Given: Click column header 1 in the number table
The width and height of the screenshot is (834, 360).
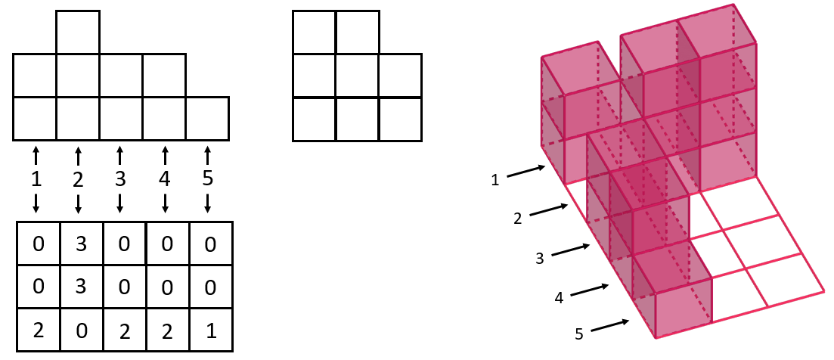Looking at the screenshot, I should click(x=36, y=179).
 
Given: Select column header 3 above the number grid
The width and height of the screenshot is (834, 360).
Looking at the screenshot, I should click(x=120, y=179).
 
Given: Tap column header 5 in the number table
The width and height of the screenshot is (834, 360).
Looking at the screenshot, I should click(x=208, y=179).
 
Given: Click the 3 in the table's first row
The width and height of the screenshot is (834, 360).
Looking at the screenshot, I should click(x=79, y=244).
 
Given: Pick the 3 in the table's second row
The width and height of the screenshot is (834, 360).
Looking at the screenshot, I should click(x=79, y=288).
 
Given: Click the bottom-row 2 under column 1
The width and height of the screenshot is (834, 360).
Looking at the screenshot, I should click(x=36, y=331).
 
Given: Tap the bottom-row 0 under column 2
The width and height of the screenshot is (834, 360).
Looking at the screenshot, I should click(x=79, y=331).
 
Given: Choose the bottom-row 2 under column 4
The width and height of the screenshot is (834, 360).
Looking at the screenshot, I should click(x=166, y=331).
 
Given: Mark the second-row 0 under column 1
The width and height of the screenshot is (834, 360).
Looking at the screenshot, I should click(x=36, y=288).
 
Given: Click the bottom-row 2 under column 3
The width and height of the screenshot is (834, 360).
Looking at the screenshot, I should click(x=120, y=331).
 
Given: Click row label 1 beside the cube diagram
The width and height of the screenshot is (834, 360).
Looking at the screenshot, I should click(x=495, y=180).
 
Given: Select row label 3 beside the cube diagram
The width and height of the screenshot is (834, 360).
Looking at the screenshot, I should click(x=539, y=259).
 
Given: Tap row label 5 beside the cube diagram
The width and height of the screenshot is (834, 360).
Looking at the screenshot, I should click(x=578, y=334).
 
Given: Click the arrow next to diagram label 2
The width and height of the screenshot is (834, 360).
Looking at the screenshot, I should click(x=550, y=210).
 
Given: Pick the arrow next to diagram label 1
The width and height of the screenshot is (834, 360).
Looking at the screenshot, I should click(x=526, y=172).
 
